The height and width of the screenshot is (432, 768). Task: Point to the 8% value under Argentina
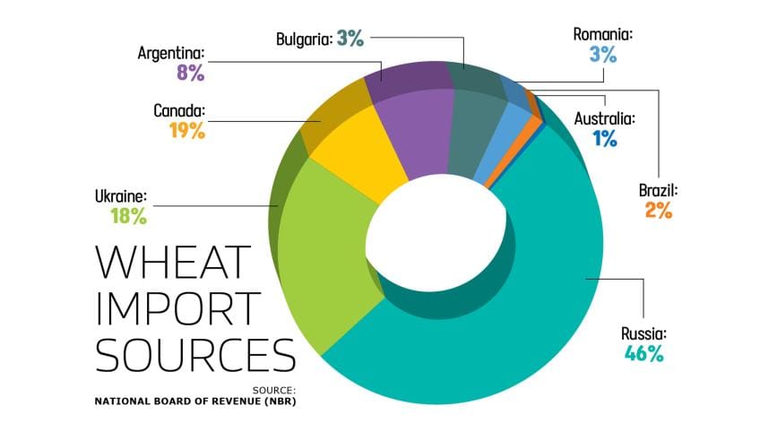click(x=188, y=73)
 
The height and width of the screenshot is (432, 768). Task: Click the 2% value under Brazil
click(x=657, y=212)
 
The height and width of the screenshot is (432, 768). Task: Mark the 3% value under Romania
click(x=603, y=55)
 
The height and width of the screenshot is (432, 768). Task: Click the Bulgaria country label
click(x=304, y=39)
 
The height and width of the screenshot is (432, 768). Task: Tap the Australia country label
click(x=604, y=117)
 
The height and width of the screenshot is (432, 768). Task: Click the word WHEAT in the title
click(x=173, y=261)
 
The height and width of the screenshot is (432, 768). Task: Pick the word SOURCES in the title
click(x=195, y=355)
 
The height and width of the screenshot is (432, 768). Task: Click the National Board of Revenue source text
click(x=194, y=401)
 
